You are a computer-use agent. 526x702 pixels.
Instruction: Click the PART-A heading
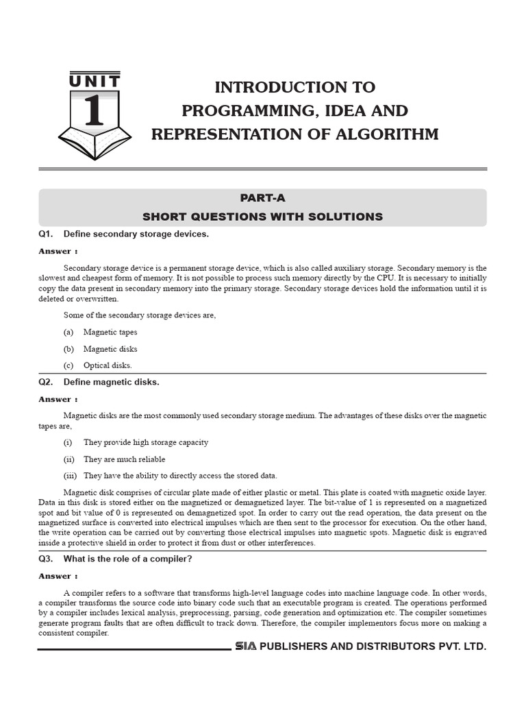tap(262, 197)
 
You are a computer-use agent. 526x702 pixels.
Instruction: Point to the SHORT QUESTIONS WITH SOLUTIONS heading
tap(262, 217)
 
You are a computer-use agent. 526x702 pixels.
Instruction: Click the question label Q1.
tap(46, 234)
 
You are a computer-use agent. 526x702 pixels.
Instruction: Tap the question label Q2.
tap(46, 382)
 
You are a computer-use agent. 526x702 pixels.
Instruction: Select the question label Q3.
tap(46, 559)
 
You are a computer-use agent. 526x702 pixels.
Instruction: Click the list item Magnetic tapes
tap(110, 332)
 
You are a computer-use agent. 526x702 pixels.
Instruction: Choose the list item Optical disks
tap(108, 365)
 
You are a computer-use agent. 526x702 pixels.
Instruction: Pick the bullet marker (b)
tap(68, 349)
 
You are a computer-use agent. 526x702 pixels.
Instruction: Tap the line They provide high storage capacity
tap(146, 442)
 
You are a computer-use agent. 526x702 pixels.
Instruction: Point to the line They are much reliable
tap(124, 459)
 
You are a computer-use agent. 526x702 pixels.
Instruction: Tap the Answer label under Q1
tap(58, 252)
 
